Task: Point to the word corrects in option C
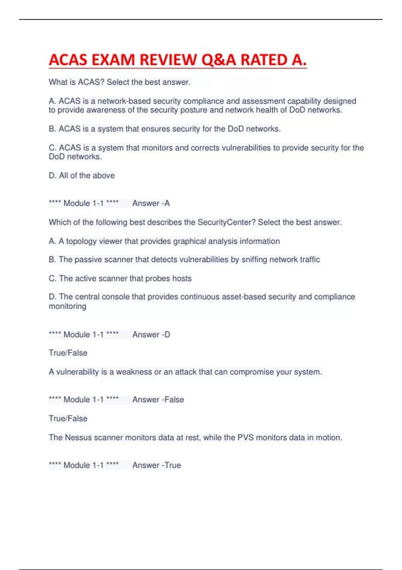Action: pos(206,148)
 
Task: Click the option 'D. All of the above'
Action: pos(82,175)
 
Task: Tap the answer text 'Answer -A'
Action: pos(151,203)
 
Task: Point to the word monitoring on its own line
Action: pos(68,306)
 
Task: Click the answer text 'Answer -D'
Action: pos(151,335)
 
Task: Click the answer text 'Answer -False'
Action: pos(158,400)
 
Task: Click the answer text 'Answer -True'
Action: pos(156,465)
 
